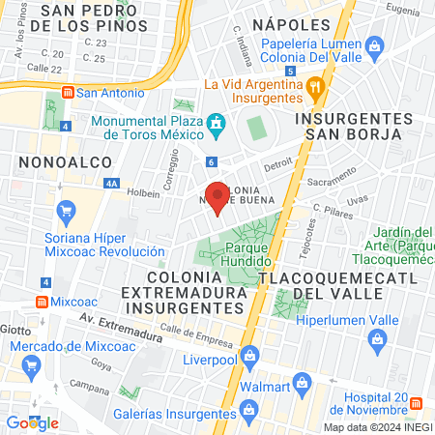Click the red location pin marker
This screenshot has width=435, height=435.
coord(217,197)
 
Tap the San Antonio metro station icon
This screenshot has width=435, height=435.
coord(68,93)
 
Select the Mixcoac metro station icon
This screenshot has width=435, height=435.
coord(41,301)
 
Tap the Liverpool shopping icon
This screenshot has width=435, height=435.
coord(249,353)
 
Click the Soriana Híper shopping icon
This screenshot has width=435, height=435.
coord(66,210)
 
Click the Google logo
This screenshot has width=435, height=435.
coord(32,422)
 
